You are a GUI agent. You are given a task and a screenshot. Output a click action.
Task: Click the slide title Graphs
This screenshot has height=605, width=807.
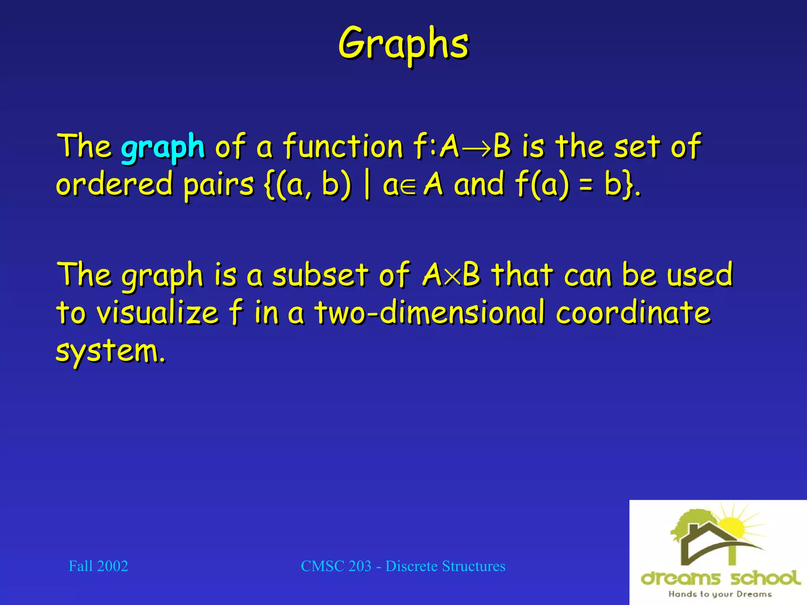pyautogui.click(x=403, y=44)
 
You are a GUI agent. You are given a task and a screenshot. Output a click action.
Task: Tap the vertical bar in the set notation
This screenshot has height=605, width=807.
pyautogui.click(x=367, y=184)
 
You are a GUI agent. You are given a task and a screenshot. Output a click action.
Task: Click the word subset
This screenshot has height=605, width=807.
pyautogui.click(x=320, y=275)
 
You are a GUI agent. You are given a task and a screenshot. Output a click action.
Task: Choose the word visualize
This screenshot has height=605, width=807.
pyautogui.click(x=158, y=312)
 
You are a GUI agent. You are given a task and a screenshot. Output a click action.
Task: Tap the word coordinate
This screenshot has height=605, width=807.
pyautogui.click(x=633, y=312)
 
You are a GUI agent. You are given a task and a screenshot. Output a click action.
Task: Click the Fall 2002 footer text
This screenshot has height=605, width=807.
pyautogui.click(x=98, y=566)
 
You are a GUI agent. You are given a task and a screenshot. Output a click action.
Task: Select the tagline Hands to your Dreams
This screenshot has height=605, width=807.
pyautogui.click(x=720, y=594)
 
